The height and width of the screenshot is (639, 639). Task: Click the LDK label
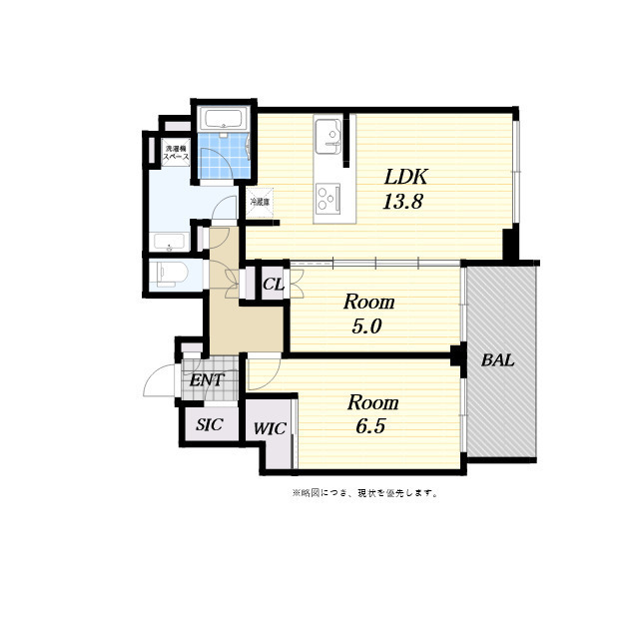click(x=406, y=177)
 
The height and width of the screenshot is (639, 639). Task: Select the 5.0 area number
click(x=368, y=325)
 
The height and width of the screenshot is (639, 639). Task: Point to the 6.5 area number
click(x=370, y=426)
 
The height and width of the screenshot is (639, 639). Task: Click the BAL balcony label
click(x=497, y=360)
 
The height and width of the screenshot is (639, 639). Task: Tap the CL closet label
click(x=273, y=285)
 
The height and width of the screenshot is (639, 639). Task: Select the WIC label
click(x=269, y=429)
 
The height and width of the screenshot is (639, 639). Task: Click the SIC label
click(x=209, y=424)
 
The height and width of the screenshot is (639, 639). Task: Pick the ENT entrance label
click(x=206, y=380)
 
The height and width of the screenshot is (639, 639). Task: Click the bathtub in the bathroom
click(x=223, y=121)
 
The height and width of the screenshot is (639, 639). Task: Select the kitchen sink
click(x=328, y=137)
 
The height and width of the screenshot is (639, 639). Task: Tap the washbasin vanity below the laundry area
click(x=170, y=242)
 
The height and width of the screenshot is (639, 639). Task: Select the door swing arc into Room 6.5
click(x=263, y=373)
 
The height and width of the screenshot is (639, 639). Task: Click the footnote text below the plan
click(x=364, y=492)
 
